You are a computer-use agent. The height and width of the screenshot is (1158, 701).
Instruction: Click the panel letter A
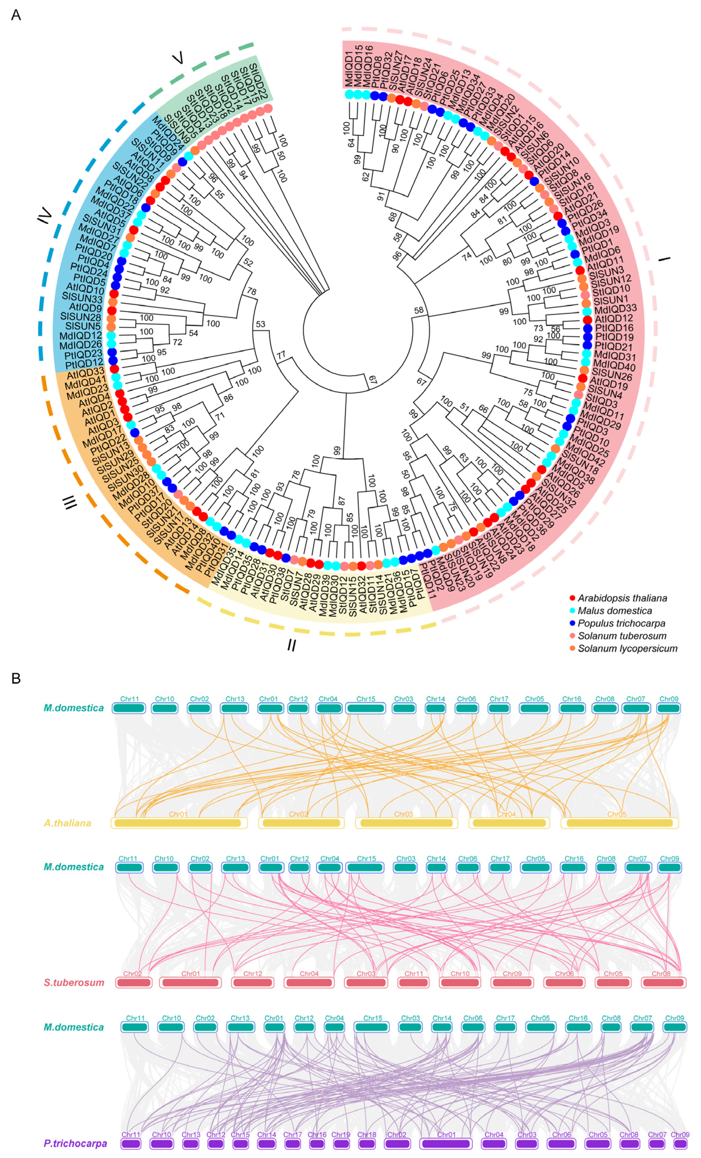[x=16, y=15]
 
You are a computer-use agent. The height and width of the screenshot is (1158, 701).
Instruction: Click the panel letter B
[x=16, y=679]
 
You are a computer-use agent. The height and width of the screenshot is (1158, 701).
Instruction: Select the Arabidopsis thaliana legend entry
[x=622, y=598]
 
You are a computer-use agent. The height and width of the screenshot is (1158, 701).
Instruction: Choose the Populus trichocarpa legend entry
[x=621, y=623]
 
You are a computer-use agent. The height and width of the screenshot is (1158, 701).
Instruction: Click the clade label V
[x=178, y=58]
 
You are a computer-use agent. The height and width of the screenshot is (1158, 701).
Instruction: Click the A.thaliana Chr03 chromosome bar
[x=406, y=823]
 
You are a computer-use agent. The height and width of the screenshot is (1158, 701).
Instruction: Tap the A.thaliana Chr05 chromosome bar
[x=619, y=823]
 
